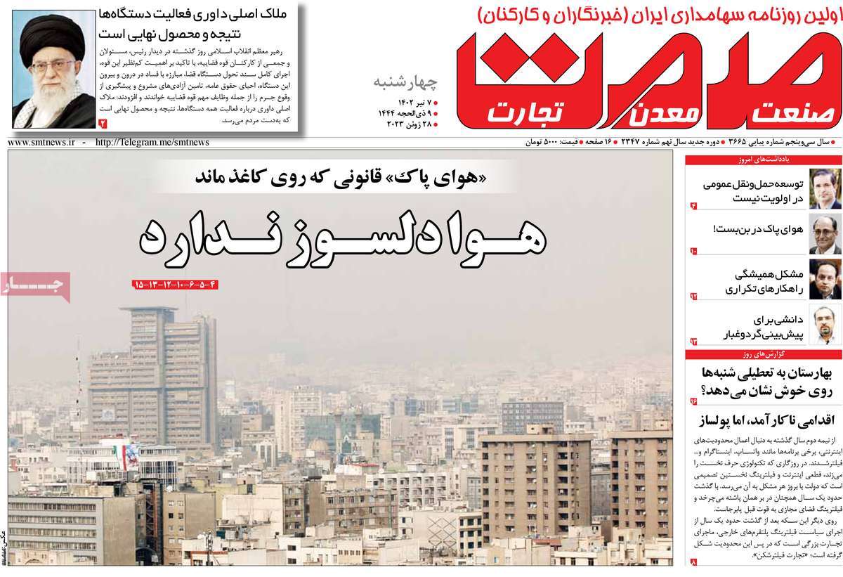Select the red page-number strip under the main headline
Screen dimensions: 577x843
click(x=176, y=285)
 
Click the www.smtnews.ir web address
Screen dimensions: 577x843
click(x=41, y=143)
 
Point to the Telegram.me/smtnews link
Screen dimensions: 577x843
click(x=152, y=143)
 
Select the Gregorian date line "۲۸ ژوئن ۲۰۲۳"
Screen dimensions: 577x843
click(x=411, y=125)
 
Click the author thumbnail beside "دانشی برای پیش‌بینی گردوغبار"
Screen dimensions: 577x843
click(x=824, y=324)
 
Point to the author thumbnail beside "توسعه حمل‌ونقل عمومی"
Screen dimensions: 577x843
click(x=824, y=188)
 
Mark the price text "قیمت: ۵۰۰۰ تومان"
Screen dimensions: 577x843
click(x=556, y=143)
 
